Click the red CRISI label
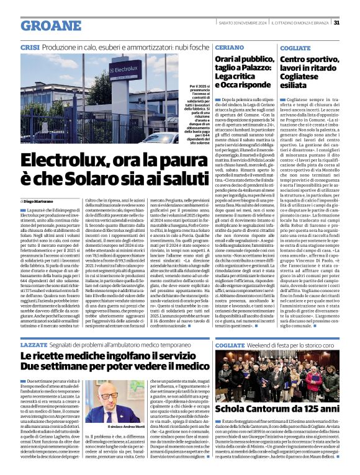(30, 48)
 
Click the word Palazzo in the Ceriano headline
(254, 67)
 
